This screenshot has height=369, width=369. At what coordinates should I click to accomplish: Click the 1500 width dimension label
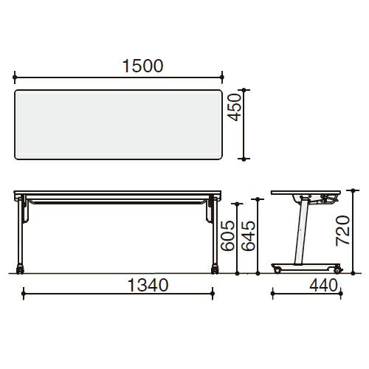(x=142, y=66)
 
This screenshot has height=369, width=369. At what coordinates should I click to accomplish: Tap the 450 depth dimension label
(x=234, y=107)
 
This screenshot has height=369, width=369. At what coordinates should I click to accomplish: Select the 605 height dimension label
(x=227, y=235)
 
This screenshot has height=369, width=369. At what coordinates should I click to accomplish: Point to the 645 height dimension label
(x=248, y=235)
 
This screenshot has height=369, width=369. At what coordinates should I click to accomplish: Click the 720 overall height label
(x=342, y=230)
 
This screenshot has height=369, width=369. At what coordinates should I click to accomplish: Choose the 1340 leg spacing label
(x=148, y=286)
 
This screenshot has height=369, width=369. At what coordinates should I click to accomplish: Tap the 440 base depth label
(x=323, y=286)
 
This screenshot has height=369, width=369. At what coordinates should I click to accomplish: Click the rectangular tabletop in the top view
(x=118, y=125)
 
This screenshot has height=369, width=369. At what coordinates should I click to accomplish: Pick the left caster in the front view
(x=20, y=269)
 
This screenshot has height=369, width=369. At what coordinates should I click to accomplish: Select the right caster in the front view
(x=215, y=269)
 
